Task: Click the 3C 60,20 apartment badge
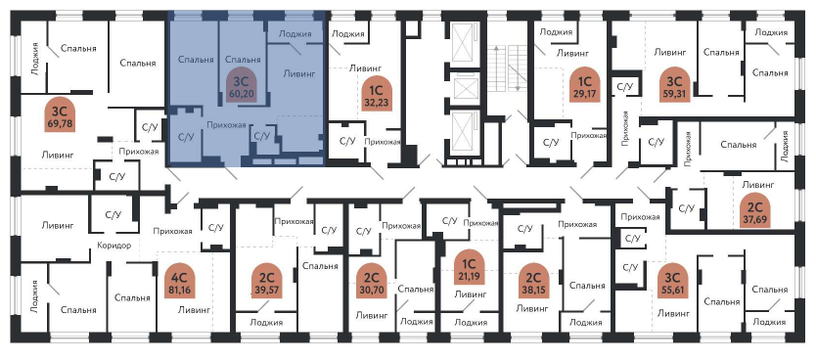point(242,85)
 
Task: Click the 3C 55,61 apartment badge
point(674,282)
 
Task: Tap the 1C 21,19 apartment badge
point(470,267)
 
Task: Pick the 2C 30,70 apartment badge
point(372,282)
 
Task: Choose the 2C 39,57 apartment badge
point(268,282)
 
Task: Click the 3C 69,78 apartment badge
point(60,114)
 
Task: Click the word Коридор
point(113,246)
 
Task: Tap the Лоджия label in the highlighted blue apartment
point(295,34)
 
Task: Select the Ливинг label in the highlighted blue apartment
point(299,73)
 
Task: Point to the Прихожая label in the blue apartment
point(226,125)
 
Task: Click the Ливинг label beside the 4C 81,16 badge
point(194,309)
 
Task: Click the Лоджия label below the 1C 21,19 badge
point(471,322)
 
